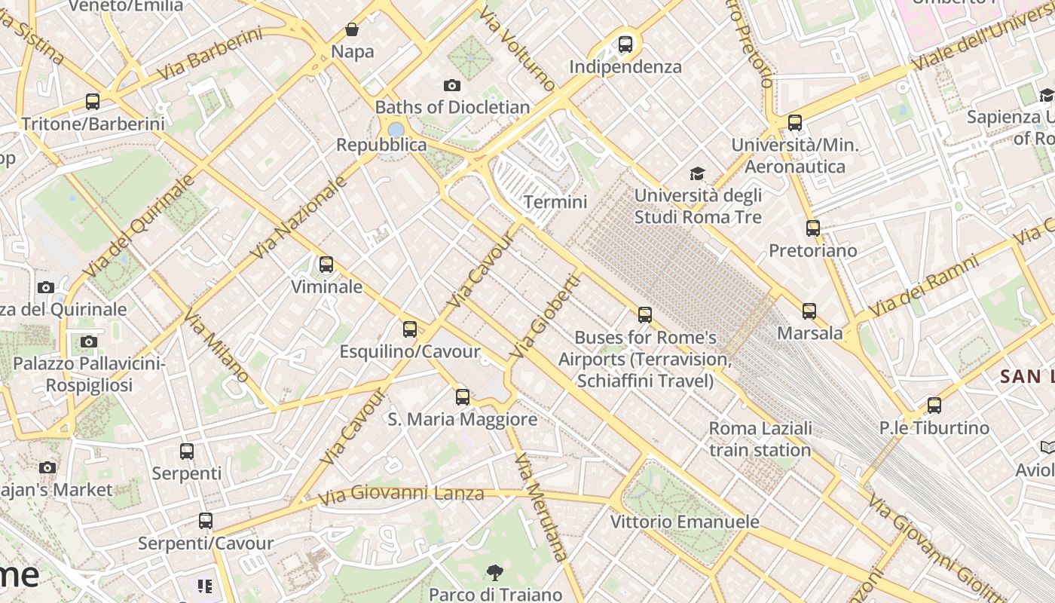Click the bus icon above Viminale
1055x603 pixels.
click(x=326, y=265)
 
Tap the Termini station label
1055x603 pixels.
click(x=555, y=202)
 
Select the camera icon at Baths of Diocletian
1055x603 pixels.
click(x=451, y=85)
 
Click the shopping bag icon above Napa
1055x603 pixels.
click(x=352, y=30)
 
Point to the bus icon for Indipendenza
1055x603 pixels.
click(x=625, y=44)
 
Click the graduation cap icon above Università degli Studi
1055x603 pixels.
click(x=697, y=174)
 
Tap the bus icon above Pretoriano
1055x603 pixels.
click(x=812, y=228)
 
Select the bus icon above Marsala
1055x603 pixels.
click(x=809, y=311)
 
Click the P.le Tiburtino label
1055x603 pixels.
click(x=934, y=428)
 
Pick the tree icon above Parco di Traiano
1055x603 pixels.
click(x=494, y=573)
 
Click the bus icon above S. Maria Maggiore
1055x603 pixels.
click(x=462, y=396)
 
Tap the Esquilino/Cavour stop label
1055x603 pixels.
click(x=409, y=352)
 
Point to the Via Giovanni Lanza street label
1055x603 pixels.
click(x=400, y=495)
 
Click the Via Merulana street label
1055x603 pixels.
click(x=540, y=507)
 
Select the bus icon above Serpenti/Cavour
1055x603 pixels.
click(x=205, y=521)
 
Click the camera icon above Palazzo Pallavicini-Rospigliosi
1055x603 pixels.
click(x=88, y=341)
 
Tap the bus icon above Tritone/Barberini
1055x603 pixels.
click(x=92, y=101)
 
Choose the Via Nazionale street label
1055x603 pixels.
click(x=299, y=217)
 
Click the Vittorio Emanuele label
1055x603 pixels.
click(x=684, y=522)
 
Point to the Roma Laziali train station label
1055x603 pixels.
click(x=760, y=439)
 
